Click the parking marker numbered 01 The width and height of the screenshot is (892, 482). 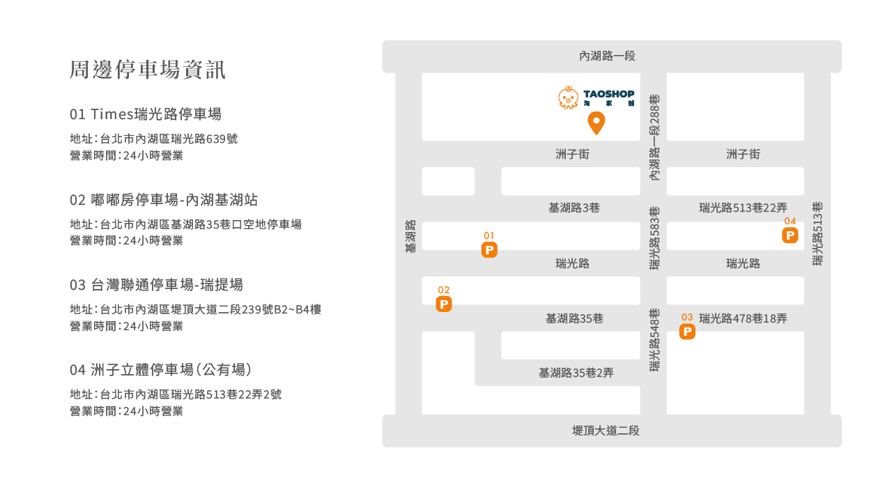click(x=489, y=249)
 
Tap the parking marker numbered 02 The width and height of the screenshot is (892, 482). click(x=444, y=304)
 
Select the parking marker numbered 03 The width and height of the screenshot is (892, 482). click(x=687, y=332)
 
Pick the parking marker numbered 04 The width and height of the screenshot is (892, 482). click(x=790, y=235)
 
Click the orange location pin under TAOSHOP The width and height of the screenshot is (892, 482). click(x=596, y=123)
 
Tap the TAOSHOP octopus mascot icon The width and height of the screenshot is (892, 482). click(x=569, y=98)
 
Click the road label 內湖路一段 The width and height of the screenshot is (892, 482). click(x=608, y=56)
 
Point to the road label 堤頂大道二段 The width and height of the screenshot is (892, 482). click(x=606, y=430)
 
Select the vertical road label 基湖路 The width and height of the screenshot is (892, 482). click(x=410, y=237)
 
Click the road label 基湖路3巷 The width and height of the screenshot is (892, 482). click(x=574, y=208)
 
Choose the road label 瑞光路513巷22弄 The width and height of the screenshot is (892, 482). click(x=743, y=208)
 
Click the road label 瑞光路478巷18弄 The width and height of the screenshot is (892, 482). click(x=743, y=318)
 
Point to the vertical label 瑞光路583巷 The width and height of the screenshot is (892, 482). click(x=654, y=238)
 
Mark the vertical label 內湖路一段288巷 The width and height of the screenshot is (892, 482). click(x=654, y=138)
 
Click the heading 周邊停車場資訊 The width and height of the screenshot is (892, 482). click(x=148, y=70)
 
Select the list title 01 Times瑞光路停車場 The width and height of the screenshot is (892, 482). click(x=146, y=114)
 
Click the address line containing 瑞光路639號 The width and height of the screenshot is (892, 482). click(x=153, y=139)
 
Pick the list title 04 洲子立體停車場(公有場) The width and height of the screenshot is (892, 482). click(x=160, y=369)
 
